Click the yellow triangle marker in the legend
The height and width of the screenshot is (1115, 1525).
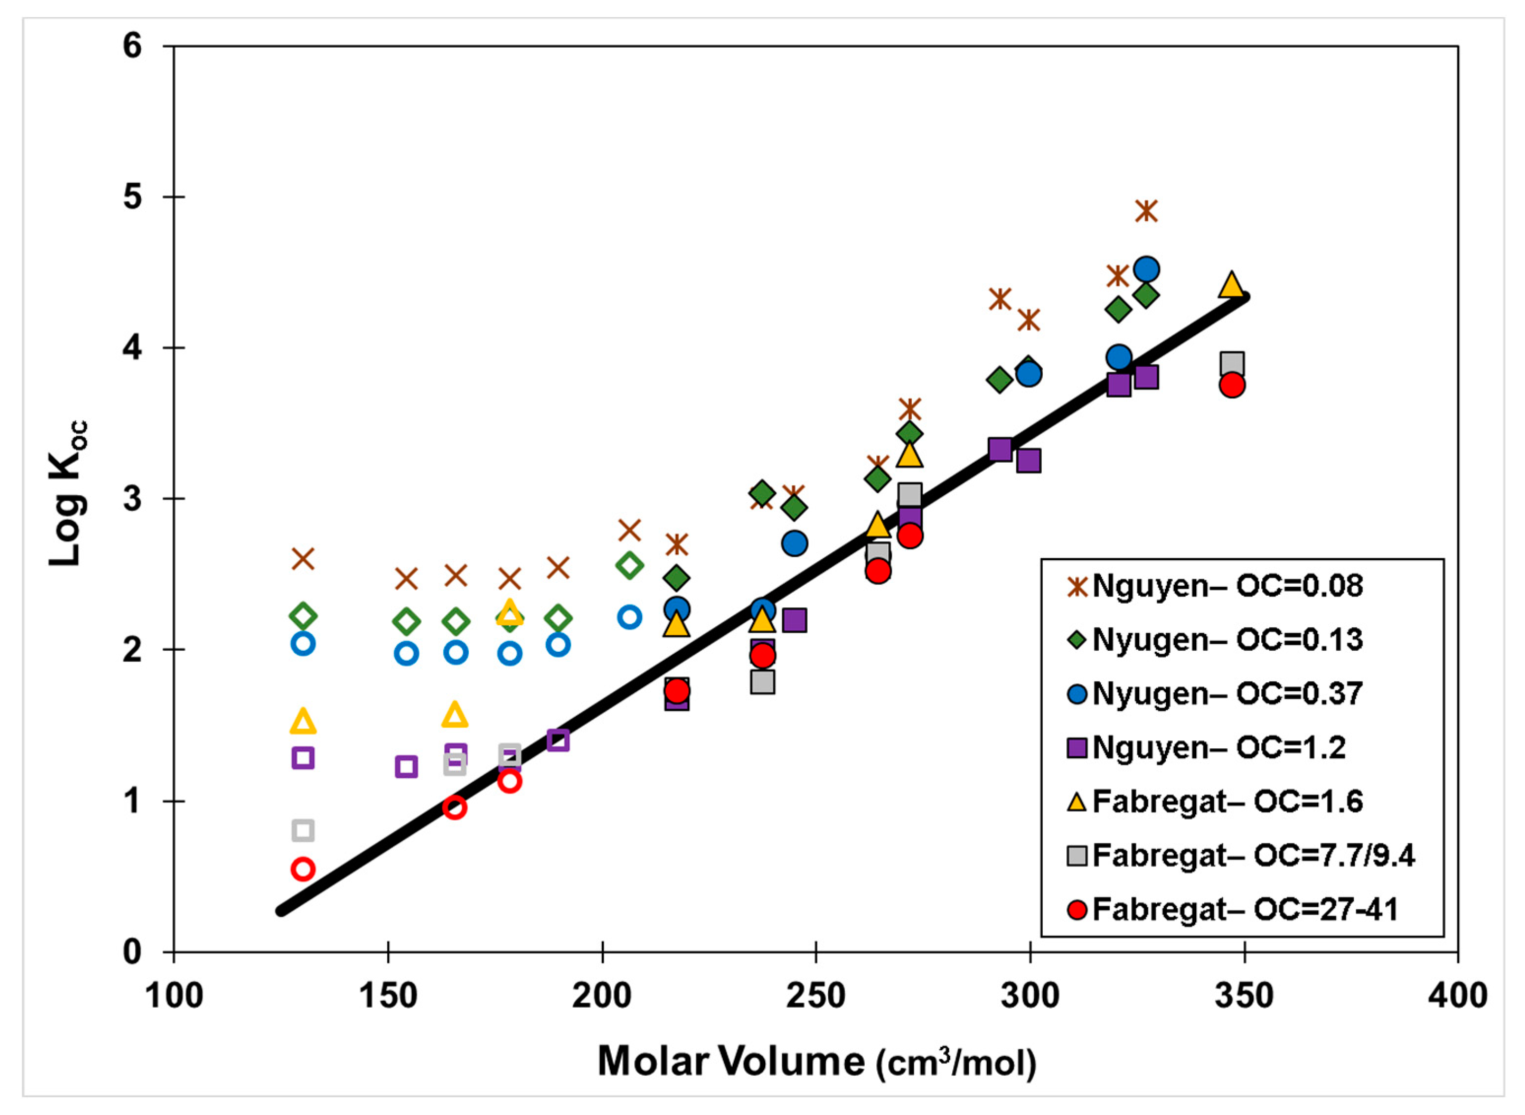pos(1078,802)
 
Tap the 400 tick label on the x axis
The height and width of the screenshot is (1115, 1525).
pos(1458,995)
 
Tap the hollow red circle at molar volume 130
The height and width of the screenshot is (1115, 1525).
pos(303,869)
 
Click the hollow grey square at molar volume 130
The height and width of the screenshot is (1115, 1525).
pos(303,830)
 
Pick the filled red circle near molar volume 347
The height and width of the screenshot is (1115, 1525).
pos(1232,385)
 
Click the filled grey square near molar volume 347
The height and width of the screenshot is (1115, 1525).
pos(1232,364)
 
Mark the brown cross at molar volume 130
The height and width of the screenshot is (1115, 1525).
pos(303,559)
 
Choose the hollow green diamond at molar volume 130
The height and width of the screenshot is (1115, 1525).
pos(303,615)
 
